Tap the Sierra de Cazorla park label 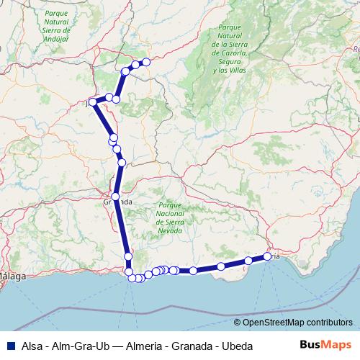[231, 49]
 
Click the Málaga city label [12, 276]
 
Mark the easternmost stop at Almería [268, 256]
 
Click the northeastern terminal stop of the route [145, 62]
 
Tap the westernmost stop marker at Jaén [93, 102]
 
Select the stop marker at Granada [115, 196]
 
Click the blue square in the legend [12, 346]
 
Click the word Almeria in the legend [143, 346]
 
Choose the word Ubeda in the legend [237, 346]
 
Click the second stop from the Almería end [248, 261]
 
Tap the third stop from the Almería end [222, 266]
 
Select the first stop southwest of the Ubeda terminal [135, 65]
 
